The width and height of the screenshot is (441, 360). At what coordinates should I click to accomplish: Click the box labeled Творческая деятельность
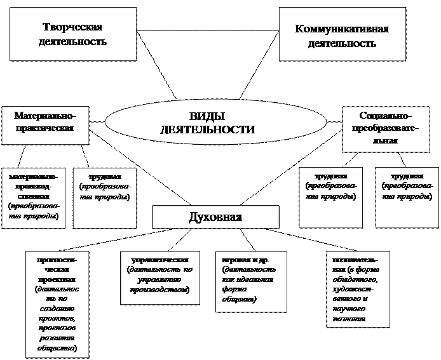click(73, 34)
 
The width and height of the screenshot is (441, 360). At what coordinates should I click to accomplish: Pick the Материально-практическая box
click(44, 122)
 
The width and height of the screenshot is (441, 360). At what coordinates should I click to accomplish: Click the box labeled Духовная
click(216, 218)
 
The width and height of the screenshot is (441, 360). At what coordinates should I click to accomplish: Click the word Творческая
click(73, 27)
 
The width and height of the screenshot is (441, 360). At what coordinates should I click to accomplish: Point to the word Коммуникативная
click(342, 29)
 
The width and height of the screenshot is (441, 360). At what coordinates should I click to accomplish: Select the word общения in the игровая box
click(236, 298)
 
